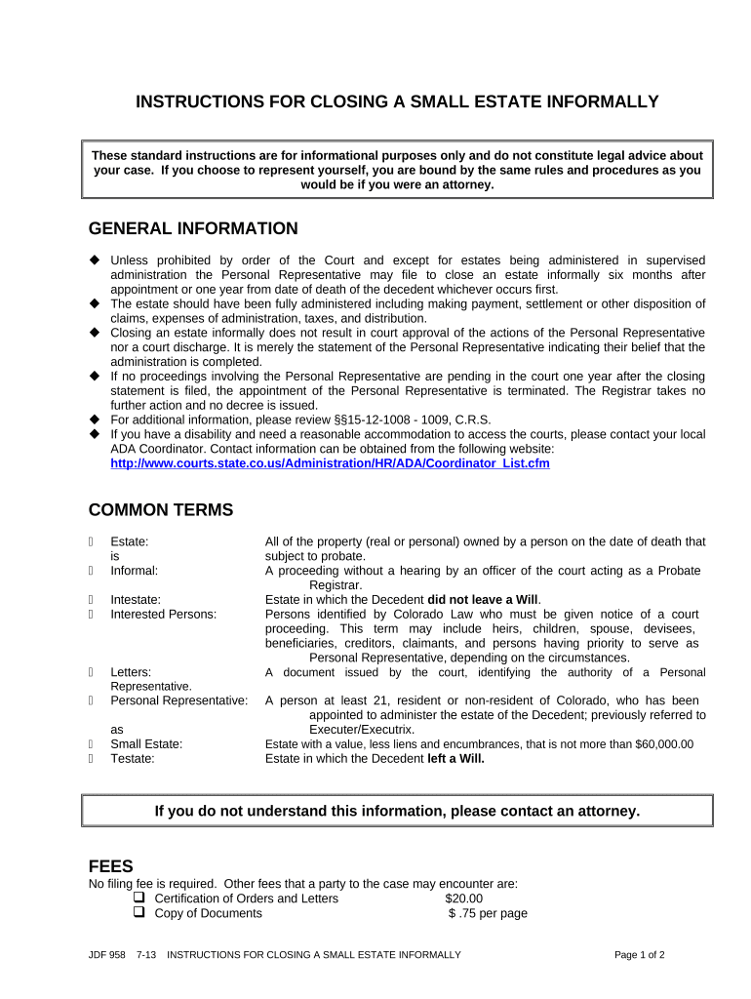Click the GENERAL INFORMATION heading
pyautogui.click(x=193, y=229)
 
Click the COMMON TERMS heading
pyautogui.click(x=161, y=510)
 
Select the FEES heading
pyautogui.click(x=110, y=866)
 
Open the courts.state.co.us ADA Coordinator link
pyautogui.click(x=330, y=463)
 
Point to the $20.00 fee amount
pyautogui.click(x=463, y=899)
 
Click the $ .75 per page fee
pyautogui.click(x=488, y=914)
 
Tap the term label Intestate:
pyautogui.click(x=136, y=600)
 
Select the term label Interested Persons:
pyautogui.click(x=163, y=615)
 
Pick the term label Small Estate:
pyautogui.click(x=146, y=744)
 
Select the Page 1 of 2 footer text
pyautogui.click(x=639, y=955)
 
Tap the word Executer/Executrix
pyautogui.click(x=361, y=730)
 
